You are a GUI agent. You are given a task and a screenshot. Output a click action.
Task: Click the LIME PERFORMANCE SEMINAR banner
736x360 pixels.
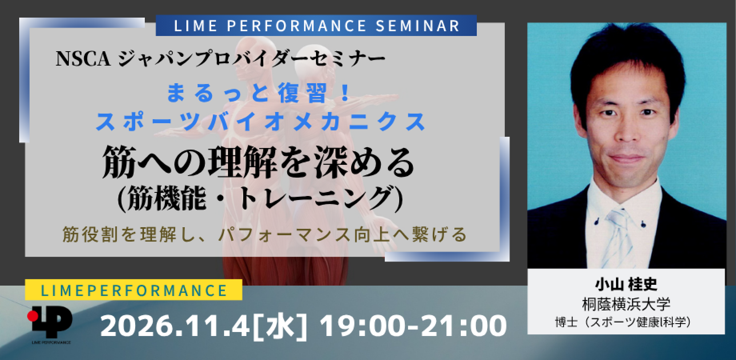click(316, 26)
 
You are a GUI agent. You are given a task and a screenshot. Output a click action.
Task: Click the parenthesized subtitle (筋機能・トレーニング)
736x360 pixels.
click(260, 199)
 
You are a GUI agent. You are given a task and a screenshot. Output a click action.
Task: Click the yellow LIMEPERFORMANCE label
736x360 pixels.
click(134, 290)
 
